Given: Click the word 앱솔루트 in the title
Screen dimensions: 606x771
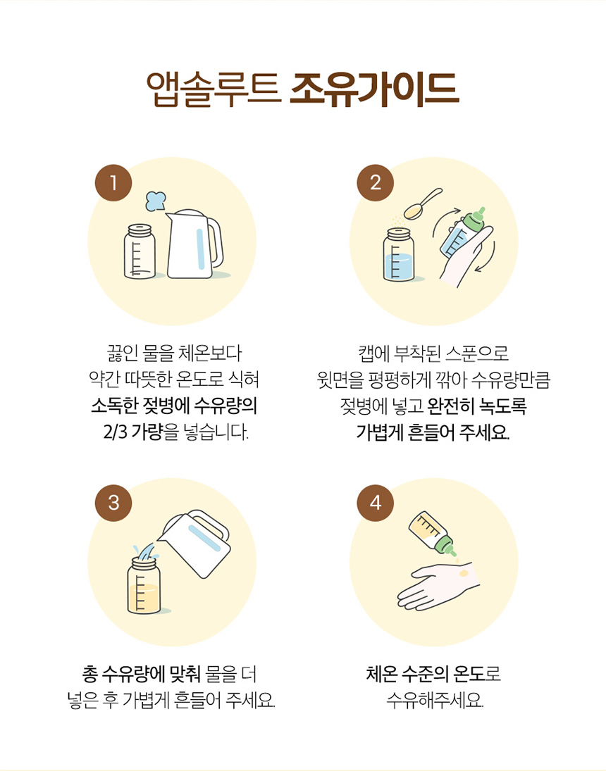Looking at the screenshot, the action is tap(214, 90).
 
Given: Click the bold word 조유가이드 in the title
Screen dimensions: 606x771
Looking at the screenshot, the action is tap(374, 89).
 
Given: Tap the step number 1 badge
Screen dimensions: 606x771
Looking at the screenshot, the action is tap(113, 183).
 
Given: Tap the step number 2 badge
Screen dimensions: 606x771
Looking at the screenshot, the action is tap(375, 183).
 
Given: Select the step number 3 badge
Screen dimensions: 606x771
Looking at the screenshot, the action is tap(113, 503).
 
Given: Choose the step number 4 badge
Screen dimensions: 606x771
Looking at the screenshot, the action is tap(375, 503).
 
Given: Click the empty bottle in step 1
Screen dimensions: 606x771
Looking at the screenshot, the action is tap(140, 251).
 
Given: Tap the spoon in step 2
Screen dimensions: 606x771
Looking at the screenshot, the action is tap(422, 203).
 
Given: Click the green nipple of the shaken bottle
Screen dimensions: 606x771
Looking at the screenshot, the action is tap(475, 219).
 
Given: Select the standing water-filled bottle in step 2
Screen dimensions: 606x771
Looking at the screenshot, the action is tap(399, 255).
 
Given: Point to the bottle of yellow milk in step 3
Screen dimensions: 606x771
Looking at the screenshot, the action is tap(144, 586).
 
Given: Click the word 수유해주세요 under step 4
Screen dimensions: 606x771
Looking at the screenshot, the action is tap(435, 700).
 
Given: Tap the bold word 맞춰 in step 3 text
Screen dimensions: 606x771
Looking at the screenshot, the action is tap(185, 674).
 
